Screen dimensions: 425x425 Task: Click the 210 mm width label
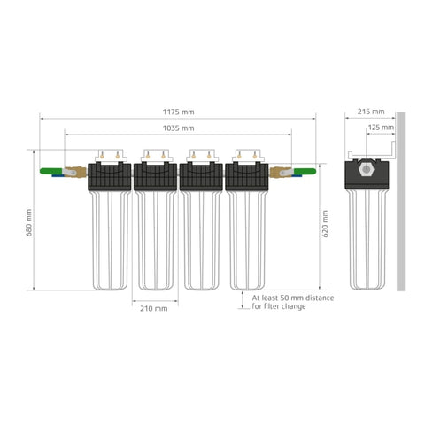point(154,309)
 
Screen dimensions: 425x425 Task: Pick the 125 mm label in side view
point(381,127)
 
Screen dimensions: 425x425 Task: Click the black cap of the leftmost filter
point(109,176)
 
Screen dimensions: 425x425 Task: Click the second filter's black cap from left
point(155,176)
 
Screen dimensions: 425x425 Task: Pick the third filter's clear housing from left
point(201,239)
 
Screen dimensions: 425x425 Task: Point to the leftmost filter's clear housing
point(109,239)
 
